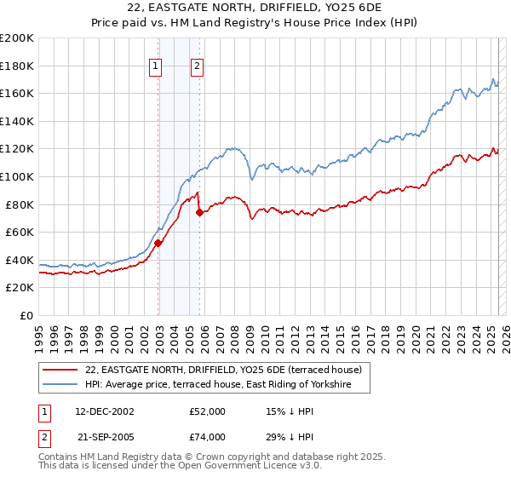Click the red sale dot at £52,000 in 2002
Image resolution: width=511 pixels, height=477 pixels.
click(x=158, y=243)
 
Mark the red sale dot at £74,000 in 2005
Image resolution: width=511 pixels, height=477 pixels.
click(x=199, y=212)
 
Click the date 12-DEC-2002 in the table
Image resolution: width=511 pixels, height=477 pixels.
click(x=105, y=411)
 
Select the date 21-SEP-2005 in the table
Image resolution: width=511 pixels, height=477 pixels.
click(x=105, y=436)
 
